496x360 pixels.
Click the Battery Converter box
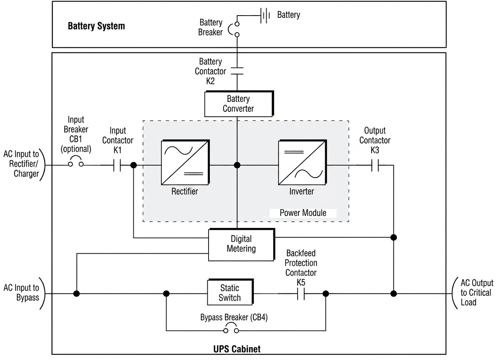pos(238,104)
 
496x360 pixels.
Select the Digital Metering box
pos(241,244)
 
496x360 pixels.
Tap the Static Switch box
pos(230,292)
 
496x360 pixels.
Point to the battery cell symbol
pos(265,16)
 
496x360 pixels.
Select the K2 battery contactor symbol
pos(237,71)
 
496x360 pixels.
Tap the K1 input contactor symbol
pos(117,165)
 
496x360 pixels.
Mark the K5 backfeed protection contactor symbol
pos(301,294)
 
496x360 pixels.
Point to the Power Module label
pos(303,213)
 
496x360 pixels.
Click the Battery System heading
pos(96,26)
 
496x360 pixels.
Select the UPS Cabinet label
pos(237,349)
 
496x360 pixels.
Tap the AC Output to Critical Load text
pos(476,292)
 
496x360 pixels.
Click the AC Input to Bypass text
pos(21,292)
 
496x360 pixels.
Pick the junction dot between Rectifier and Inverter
pos(237,165)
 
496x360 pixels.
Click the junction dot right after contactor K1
pos(133,165)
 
